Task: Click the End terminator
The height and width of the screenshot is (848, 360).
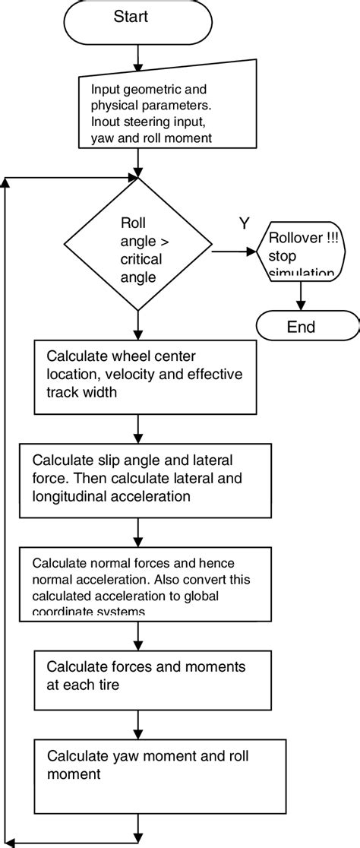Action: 301,327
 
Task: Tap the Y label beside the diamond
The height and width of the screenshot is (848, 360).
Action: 244,223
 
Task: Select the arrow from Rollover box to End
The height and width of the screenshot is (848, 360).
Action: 301,295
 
